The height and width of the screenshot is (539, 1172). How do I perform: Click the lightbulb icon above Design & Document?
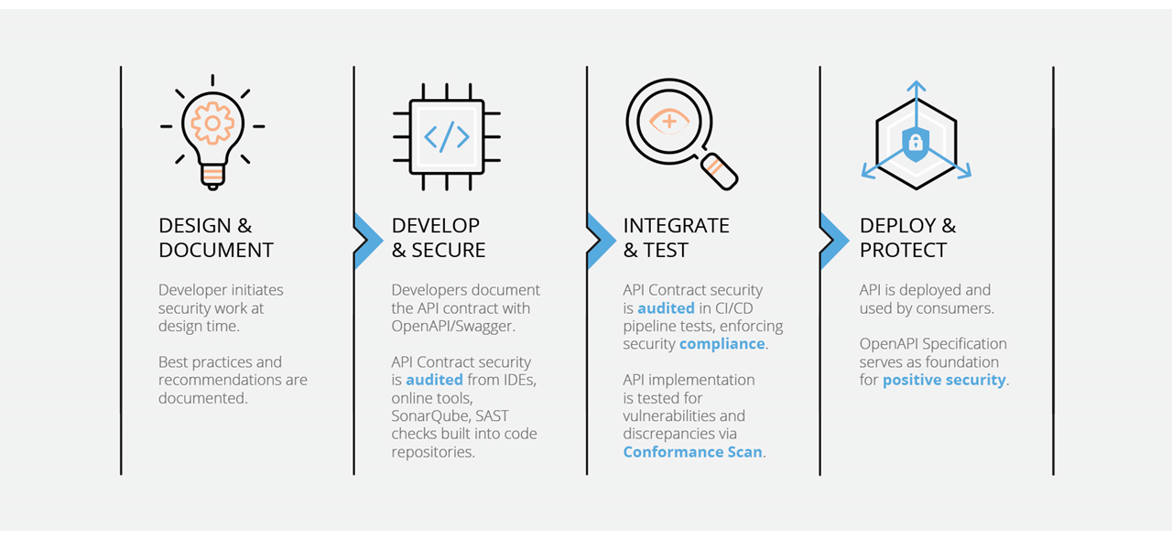[212, 132]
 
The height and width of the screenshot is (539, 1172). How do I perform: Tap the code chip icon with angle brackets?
[446, 137]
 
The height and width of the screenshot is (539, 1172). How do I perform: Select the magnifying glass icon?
[678, 133]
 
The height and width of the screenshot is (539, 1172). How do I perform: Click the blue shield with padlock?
[915, 143]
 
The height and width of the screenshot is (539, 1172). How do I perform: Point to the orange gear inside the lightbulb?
[212, 122]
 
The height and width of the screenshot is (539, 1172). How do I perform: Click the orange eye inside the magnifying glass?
[669, 122]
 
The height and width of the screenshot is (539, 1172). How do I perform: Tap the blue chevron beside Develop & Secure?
[367, 240]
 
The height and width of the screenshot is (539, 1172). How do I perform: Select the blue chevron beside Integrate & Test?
[601, 240]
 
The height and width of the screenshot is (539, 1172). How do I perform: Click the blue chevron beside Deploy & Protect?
[833, 240]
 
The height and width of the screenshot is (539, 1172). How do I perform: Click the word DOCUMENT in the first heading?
[216, 250]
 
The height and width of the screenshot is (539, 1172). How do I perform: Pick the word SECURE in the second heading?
[449, 250]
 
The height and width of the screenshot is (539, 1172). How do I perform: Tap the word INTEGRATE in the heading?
[676, 225]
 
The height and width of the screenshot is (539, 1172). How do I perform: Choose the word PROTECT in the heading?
[903, 250]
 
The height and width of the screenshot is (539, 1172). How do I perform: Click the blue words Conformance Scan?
[692, 452]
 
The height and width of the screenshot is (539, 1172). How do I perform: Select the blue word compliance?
[722, 344]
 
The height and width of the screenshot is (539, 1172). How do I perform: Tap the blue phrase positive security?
[944, 380]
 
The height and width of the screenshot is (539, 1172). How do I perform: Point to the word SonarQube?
[431, 415]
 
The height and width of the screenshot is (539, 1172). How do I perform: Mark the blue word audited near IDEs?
[434, 380]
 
